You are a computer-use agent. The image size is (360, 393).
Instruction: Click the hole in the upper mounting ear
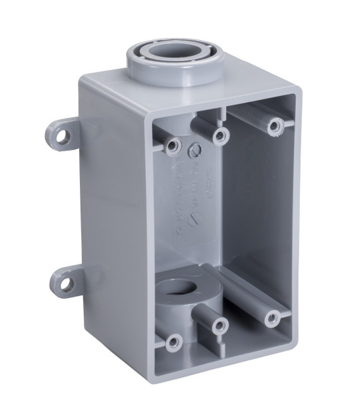tap(63, 137)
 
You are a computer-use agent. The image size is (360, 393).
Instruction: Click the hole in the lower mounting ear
tap(66, 283)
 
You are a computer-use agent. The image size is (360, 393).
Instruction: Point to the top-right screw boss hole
tap(273, 125)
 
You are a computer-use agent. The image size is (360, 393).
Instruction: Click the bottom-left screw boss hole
tap(173, 342)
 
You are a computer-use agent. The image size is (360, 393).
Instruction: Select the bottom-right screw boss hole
tap(272, 318)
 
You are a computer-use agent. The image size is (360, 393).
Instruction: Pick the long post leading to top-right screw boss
tap(250, 113)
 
